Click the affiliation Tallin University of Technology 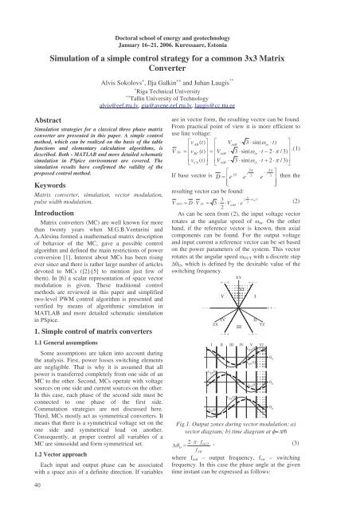(x=180, y=96)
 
